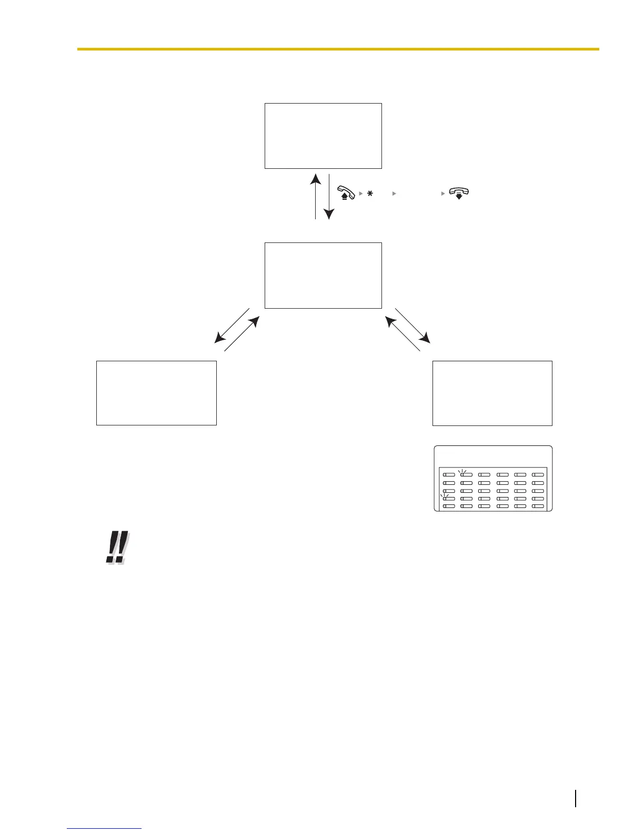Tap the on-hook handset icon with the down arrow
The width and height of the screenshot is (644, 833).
click(459, 193)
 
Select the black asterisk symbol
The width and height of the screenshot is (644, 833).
click(370, 194)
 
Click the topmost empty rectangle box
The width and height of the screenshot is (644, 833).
click(323, 136)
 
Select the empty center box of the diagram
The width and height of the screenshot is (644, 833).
click(323, 275)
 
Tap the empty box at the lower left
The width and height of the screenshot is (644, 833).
click(156, 393)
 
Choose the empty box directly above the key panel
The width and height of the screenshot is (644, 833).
click(492, 393)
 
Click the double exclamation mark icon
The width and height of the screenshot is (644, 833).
click(117, 547)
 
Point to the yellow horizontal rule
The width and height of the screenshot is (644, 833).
click(338, 49)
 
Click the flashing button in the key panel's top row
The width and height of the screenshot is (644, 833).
click(466, 475)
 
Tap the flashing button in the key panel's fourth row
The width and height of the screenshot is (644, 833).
click(448, 499)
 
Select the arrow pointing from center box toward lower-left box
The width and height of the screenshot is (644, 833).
click(232, 326)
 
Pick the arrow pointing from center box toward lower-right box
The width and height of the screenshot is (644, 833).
click(412, 326)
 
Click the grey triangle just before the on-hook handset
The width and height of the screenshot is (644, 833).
click(443, 194)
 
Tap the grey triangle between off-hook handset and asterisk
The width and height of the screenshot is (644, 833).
click(361, 194)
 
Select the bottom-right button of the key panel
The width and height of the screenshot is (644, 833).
click(538, 506)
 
